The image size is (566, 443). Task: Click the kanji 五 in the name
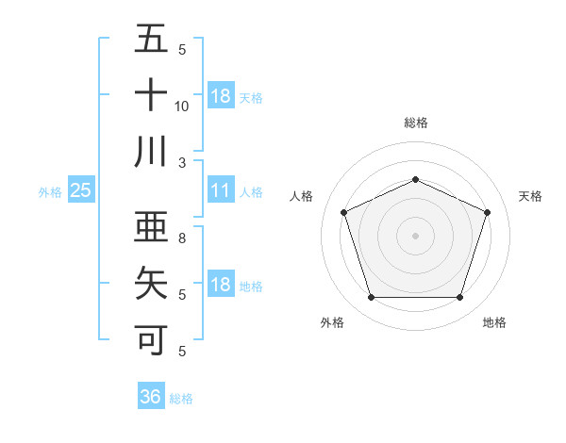[x=151, y=41]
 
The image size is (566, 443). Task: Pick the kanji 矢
[x=151, y=283]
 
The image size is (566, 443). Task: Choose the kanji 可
[x=151, y=337]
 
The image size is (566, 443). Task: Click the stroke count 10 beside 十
[x=182, y=107]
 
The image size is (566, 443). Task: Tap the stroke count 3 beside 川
[x=182, y=162]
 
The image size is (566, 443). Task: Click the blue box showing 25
[x=80, y=190]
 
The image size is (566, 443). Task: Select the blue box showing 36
[x=150, y=397]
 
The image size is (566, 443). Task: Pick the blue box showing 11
[x=221, y=190]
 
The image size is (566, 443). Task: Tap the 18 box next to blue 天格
[x=221, y=95]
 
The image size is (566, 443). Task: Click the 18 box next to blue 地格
[x=221, y=285]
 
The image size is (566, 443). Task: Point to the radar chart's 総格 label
[x=415, y=123]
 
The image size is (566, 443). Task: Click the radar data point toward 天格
[x=488, y=212]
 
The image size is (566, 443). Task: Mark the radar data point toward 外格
[x=371, y=298]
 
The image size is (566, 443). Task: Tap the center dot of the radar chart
[x=415, y=236]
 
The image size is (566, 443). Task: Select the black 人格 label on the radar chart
[x=301, y=196]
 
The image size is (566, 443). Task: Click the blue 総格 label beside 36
[x=181, y=399]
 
